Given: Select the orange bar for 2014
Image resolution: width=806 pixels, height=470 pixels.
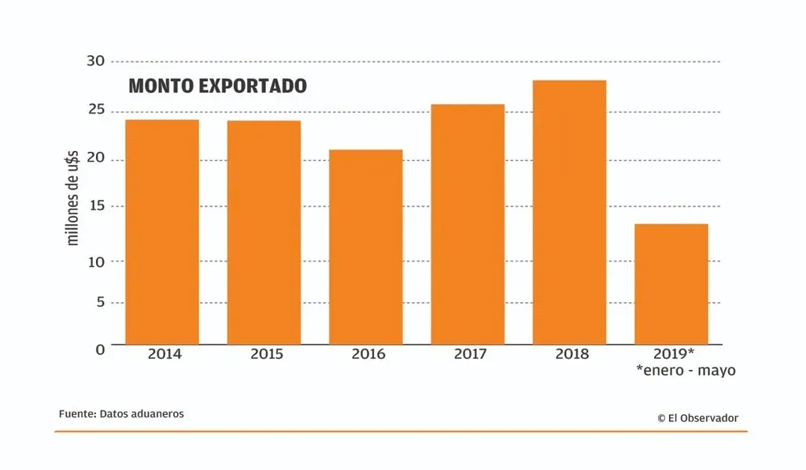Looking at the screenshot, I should coord(161,231).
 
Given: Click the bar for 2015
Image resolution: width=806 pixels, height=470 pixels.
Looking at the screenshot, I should coord(264,232).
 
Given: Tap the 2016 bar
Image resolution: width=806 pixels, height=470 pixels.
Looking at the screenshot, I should coord(365,246).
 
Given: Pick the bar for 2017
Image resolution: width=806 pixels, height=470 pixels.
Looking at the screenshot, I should coord(468,224).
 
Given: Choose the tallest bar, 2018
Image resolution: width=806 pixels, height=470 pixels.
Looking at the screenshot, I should coord(569,212).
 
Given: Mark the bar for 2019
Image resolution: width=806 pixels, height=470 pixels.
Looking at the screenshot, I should coord(671,283).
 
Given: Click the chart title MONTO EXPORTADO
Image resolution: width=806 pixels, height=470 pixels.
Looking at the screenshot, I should coord(217,86).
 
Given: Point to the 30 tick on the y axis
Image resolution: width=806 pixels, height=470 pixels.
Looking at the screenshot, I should coord(94,61).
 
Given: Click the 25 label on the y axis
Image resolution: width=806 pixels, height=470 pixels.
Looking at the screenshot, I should coord(94,110).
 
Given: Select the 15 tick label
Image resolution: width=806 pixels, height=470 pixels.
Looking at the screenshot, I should coord(94,206).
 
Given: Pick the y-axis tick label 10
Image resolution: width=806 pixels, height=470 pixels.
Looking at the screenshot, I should coord(94,261).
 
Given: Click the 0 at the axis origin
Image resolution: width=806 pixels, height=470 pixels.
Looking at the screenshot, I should coord(100,349).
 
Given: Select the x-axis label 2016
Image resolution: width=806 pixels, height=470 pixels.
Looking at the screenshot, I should coord(368,354).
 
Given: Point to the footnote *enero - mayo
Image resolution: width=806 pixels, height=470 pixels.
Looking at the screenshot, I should coord(686,370).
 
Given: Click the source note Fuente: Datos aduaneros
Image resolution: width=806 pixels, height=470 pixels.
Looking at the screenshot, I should coord(121,413).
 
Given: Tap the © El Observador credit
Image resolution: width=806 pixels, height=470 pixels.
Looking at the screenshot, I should coord(697,418).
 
